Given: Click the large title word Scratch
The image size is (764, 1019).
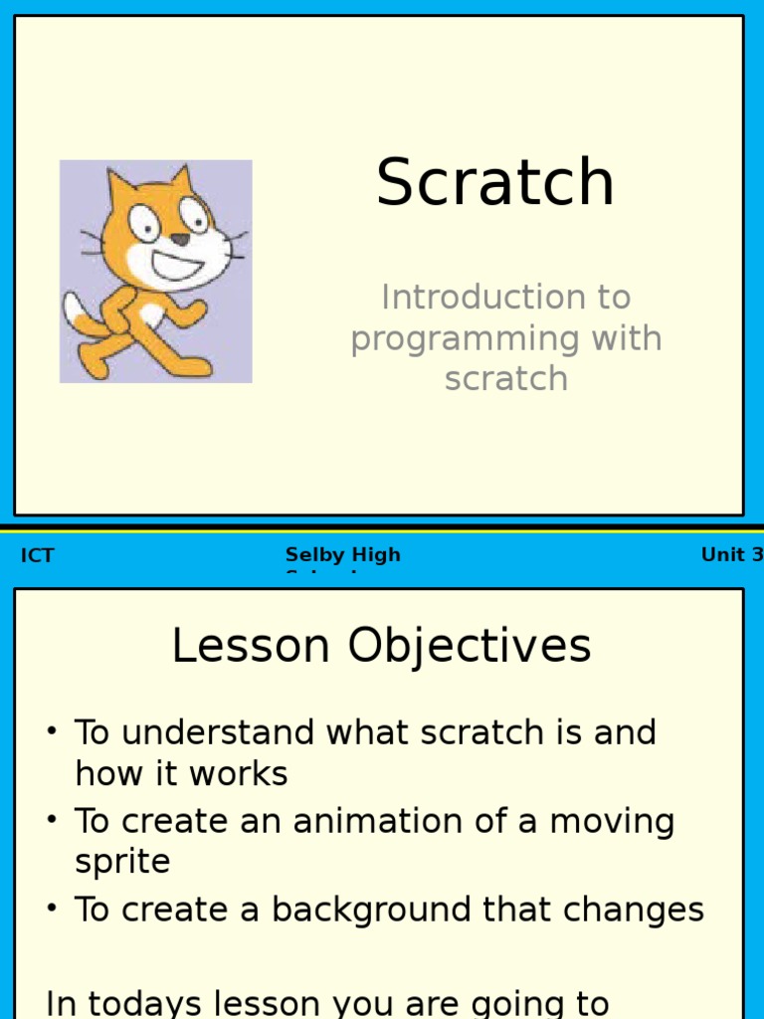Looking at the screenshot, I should click(495, 183).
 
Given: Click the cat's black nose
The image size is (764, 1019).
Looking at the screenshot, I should click(179, 240).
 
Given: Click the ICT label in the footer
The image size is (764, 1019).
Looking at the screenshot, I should click(37, 556).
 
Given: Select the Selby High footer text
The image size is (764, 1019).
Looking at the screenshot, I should click(343, 555).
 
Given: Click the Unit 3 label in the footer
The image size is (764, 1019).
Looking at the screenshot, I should click(731, 555).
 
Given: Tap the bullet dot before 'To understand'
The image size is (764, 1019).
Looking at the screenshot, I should click(51, 733).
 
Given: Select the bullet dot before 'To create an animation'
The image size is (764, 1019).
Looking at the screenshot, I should click(51, 822).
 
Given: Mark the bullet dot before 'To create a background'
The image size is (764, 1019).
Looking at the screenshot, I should click(51, 911).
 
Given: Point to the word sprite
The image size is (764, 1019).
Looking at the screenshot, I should click(122, 862).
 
